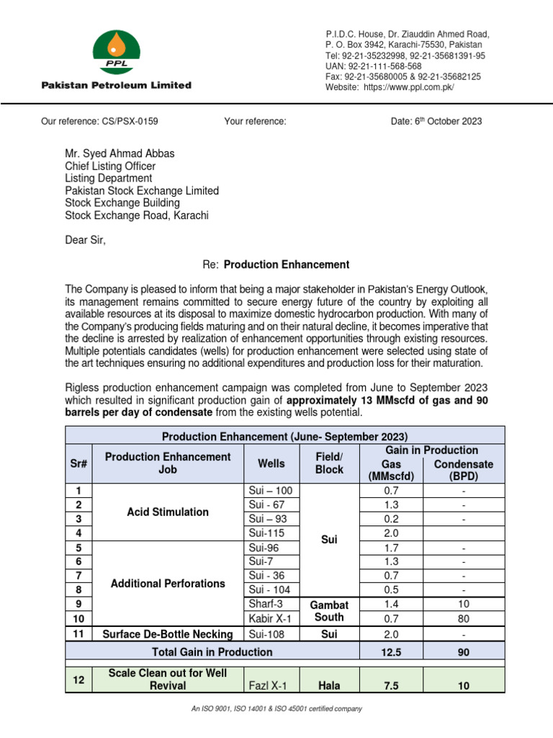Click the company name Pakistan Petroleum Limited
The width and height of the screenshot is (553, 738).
[x=116, y=85]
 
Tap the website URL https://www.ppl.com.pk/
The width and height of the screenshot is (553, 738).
[x=408, y=86]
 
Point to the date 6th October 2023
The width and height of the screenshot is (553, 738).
[x=436, y=121]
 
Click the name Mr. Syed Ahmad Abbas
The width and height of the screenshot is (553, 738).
[x=120, y=154]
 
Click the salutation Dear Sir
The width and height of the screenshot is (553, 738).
[x=85, y=240]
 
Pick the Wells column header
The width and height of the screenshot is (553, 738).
[x=271, y=463]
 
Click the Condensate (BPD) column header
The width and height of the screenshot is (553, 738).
[x=464, y=470]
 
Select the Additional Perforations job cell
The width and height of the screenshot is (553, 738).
[x=168, y=583]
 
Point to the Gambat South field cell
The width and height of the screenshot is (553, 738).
[x=329, y=610]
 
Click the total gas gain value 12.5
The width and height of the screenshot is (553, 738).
[x=391, y=652]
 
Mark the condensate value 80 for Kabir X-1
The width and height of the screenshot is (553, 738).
[x=464, y=618]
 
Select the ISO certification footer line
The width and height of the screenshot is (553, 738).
[x=276, y=709]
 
